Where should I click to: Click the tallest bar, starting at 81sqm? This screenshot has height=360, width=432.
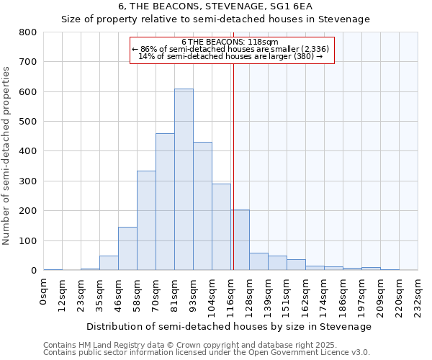[184, 180]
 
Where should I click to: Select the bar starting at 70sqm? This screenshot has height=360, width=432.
[165, 202]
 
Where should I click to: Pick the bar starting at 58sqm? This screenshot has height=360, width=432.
[146, 220]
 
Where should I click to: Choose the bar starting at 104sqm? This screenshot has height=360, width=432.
[221, 227]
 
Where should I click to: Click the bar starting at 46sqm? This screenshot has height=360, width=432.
[127, 248]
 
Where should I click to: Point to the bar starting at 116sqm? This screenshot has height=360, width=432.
[240, 240]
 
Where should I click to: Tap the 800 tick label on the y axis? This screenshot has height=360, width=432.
[28, 32]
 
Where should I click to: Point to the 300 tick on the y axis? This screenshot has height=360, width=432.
[28, 181]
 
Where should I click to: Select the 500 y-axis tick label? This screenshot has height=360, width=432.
[28, 122]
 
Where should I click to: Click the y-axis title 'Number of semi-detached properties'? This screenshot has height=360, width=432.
[7, 155]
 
